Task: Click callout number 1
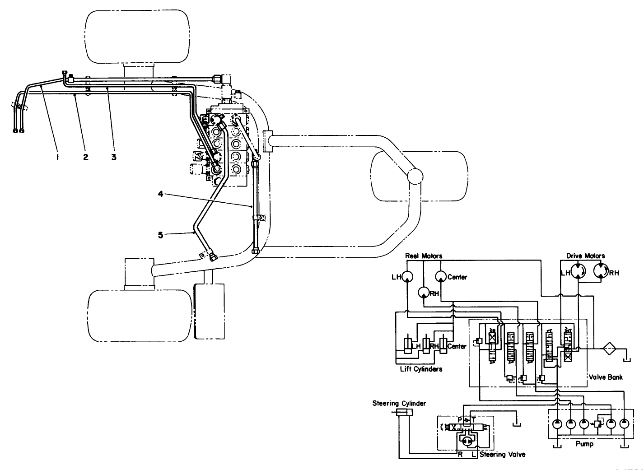coord(58,157)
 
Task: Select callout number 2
coord(86,157)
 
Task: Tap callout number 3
coord(114,157)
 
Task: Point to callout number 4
coord(161,194)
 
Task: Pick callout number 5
coord(161,234)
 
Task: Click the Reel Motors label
coord(423,256)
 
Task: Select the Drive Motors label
coord(585,256)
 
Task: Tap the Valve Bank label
coord(606,377)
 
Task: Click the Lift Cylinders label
coord(421,369)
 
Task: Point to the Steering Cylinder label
coord(399,403)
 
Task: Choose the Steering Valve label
coord(502,454)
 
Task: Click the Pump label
coord(584,444)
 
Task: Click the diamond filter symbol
coord(611,349)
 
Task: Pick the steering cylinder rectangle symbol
coord(404,412)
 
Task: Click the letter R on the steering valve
coord(460,455)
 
